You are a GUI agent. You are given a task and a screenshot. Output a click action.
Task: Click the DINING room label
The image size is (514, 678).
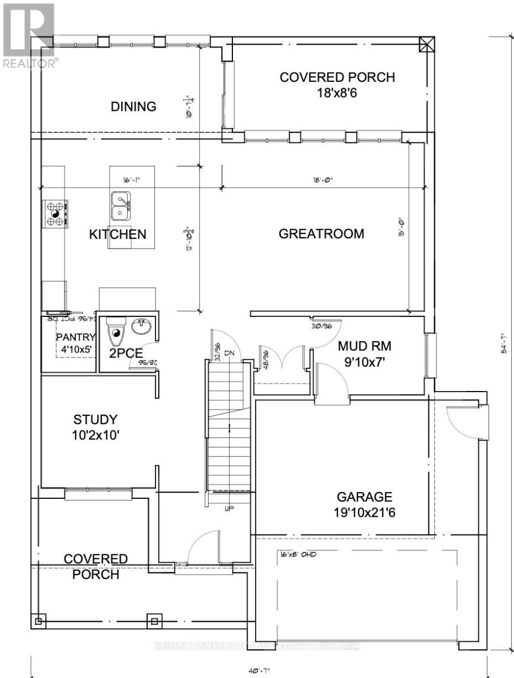(x=133, y=106)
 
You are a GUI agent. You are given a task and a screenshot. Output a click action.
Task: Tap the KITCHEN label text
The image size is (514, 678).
(x=118, y=234)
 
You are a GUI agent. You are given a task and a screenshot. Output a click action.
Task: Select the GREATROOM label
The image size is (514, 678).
(x=322, y=234)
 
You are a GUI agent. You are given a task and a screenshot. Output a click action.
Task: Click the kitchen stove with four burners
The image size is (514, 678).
(x=55, y=214)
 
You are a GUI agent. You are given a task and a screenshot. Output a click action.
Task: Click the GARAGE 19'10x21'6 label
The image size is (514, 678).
(x=365, y=504)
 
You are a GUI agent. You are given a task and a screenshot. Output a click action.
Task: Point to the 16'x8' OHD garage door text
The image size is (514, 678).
(x=297, y=554)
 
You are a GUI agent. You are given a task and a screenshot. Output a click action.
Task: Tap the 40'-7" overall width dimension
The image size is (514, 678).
(x=258, y=670)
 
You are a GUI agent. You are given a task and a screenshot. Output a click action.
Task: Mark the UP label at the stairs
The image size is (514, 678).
(x=230, y=508)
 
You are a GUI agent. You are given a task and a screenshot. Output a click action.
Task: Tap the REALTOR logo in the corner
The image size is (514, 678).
(x=28, y=34)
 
